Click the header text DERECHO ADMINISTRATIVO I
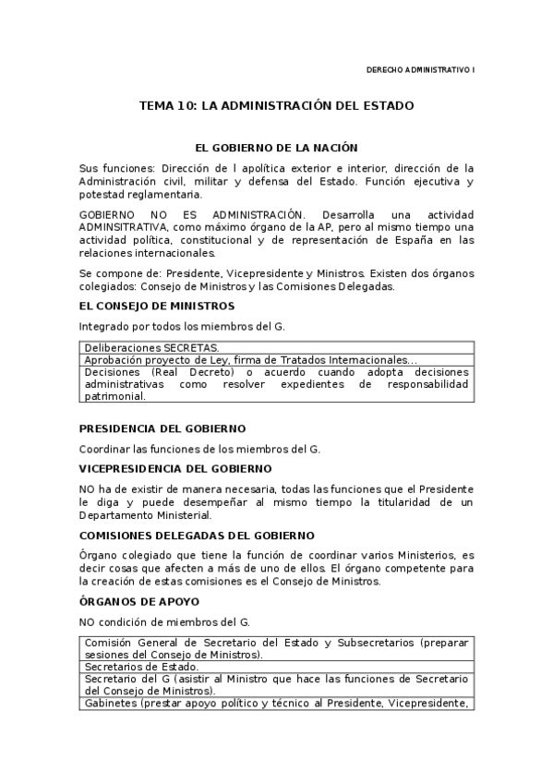[x=420, y=69]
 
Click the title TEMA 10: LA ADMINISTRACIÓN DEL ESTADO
[x=276, y=106]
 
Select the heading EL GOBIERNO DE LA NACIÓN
[x=276, y=148]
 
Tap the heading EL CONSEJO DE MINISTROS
[x=156, y=306]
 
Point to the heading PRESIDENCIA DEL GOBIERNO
[x=162, y=428]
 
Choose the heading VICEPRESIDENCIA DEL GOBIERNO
[x=174, y=468]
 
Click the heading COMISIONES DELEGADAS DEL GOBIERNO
[x=197, y=536]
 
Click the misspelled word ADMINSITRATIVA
[x=122, y=226]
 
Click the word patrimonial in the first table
[x=114, y=396]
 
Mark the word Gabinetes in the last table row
[x=110, y=703]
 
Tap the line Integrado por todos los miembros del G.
[x=182, y=326]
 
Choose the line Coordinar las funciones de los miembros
[x=199, y=449]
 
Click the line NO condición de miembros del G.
[x=164, y=622]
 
